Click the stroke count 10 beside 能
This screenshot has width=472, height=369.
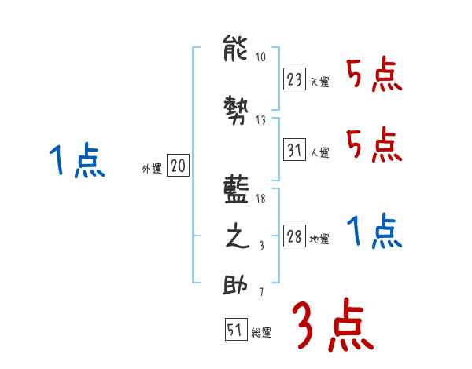coord(261,57)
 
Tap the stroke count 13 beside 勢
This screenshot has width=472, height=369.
coord(261,119)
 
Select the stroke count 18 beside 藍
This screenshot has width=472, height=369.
coord(261,199)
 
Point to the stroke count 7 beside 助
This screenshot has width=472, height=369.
coord(262,292)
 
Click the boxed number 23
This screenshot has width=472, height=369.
coord(294,79)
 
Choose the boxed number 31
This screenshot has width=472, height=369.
coord(294,150)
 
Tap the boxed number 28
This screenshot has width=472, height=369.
coord(294,236)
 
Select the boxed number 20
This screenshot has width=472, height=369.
coord(178,166)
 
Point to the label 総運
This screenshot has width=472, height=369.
coord(261,333)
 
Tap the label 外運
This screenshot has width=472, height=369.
coord(152,168)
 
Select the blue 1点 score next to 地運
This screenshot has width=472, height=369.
coord(374,231)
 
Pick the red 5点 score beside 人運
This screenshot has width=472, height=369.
coord(374,144)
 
